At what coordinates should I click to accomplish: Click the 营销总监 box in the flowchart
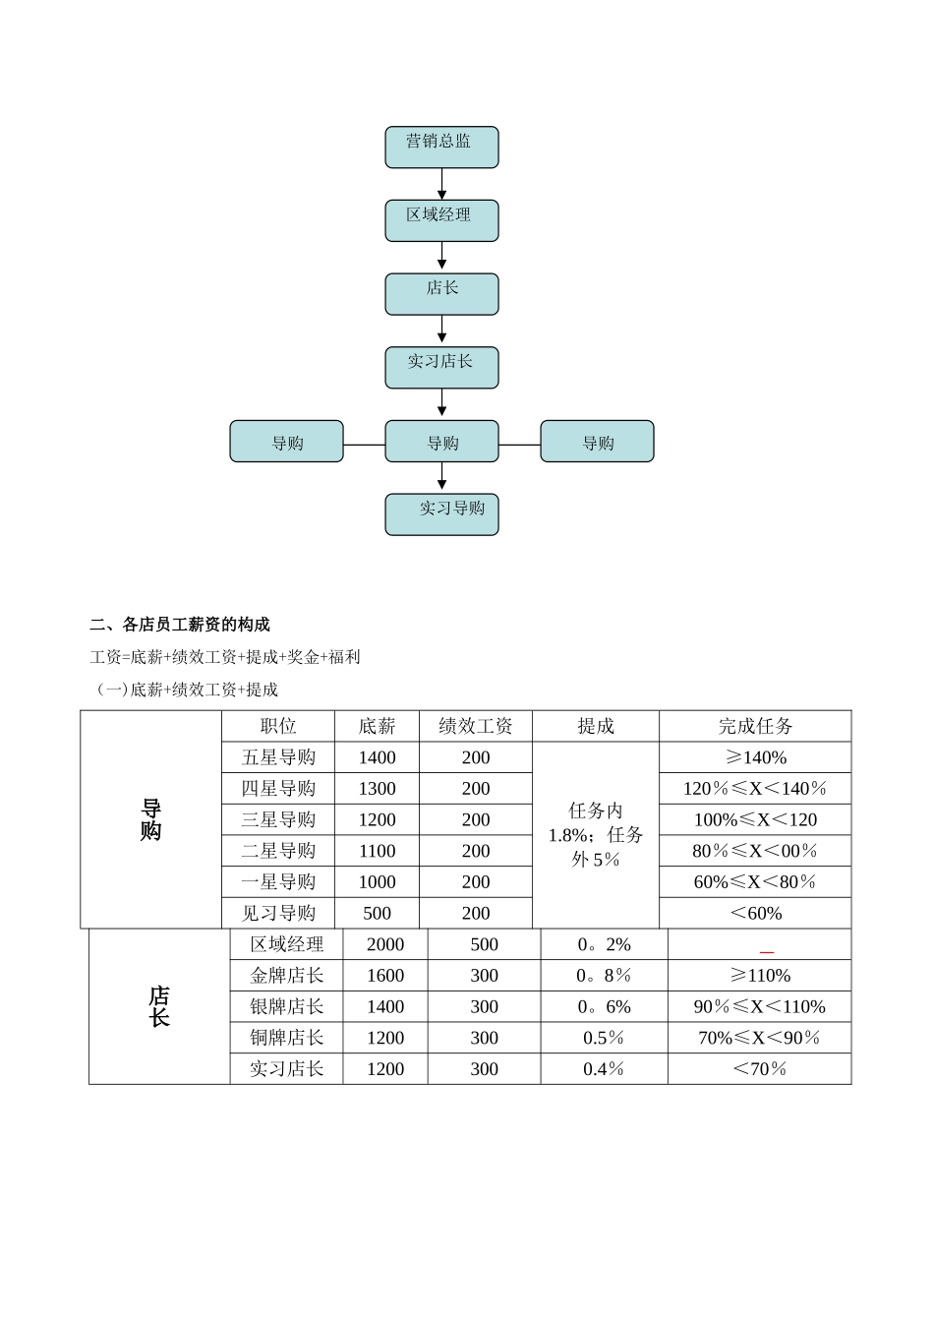(x=441, y=147)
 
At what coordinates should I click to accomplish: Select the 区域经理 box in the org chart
(x=441, y=220)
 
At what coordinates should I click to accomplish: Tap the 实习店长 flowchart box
(x=441, y=367)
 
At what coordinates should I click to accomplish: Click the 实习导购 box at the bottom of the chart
(x=441, y=513)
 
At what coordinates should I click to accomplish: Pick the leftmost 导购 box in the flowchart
(x=286, y=442)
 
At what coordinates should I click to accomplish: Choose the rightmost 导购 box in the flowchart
(x=597, y=442)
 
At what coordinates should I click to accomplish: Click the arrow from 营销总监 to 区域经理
(x=441, y=184)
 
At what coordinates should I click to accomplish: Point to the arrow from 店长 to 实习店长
(x=441, y=330)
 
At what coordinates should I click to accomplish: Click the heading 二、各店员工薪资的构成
(x=180, y=625)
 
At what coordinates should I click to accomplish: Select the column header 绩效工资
(x=476, y=726)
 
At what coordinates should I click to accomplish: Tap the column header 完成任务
(x=755, y=726)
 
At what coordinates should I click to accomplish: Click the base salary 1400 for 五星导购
(x=377, y=757)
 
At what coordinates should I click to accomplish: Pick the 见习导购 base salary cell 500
(x=377, y=913)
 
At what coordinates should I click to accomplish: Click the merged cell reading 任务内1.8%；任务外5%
(x=596, y=834)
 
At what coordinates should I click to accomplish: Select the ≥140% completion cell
(x=755, y=757)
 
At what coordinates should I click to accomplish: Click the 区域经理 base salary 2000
(x=384, y=944)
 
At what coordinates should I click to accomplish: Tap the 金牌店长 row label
(x=286, y=976)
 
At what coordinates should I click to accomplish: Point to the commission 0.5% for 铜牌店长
(x=604, y=1038)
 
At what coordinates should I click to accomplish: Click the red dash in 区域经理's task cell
(x=767, y=952)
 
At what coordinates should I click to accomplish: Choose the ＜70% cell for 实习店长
(x=759, y=1069)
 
